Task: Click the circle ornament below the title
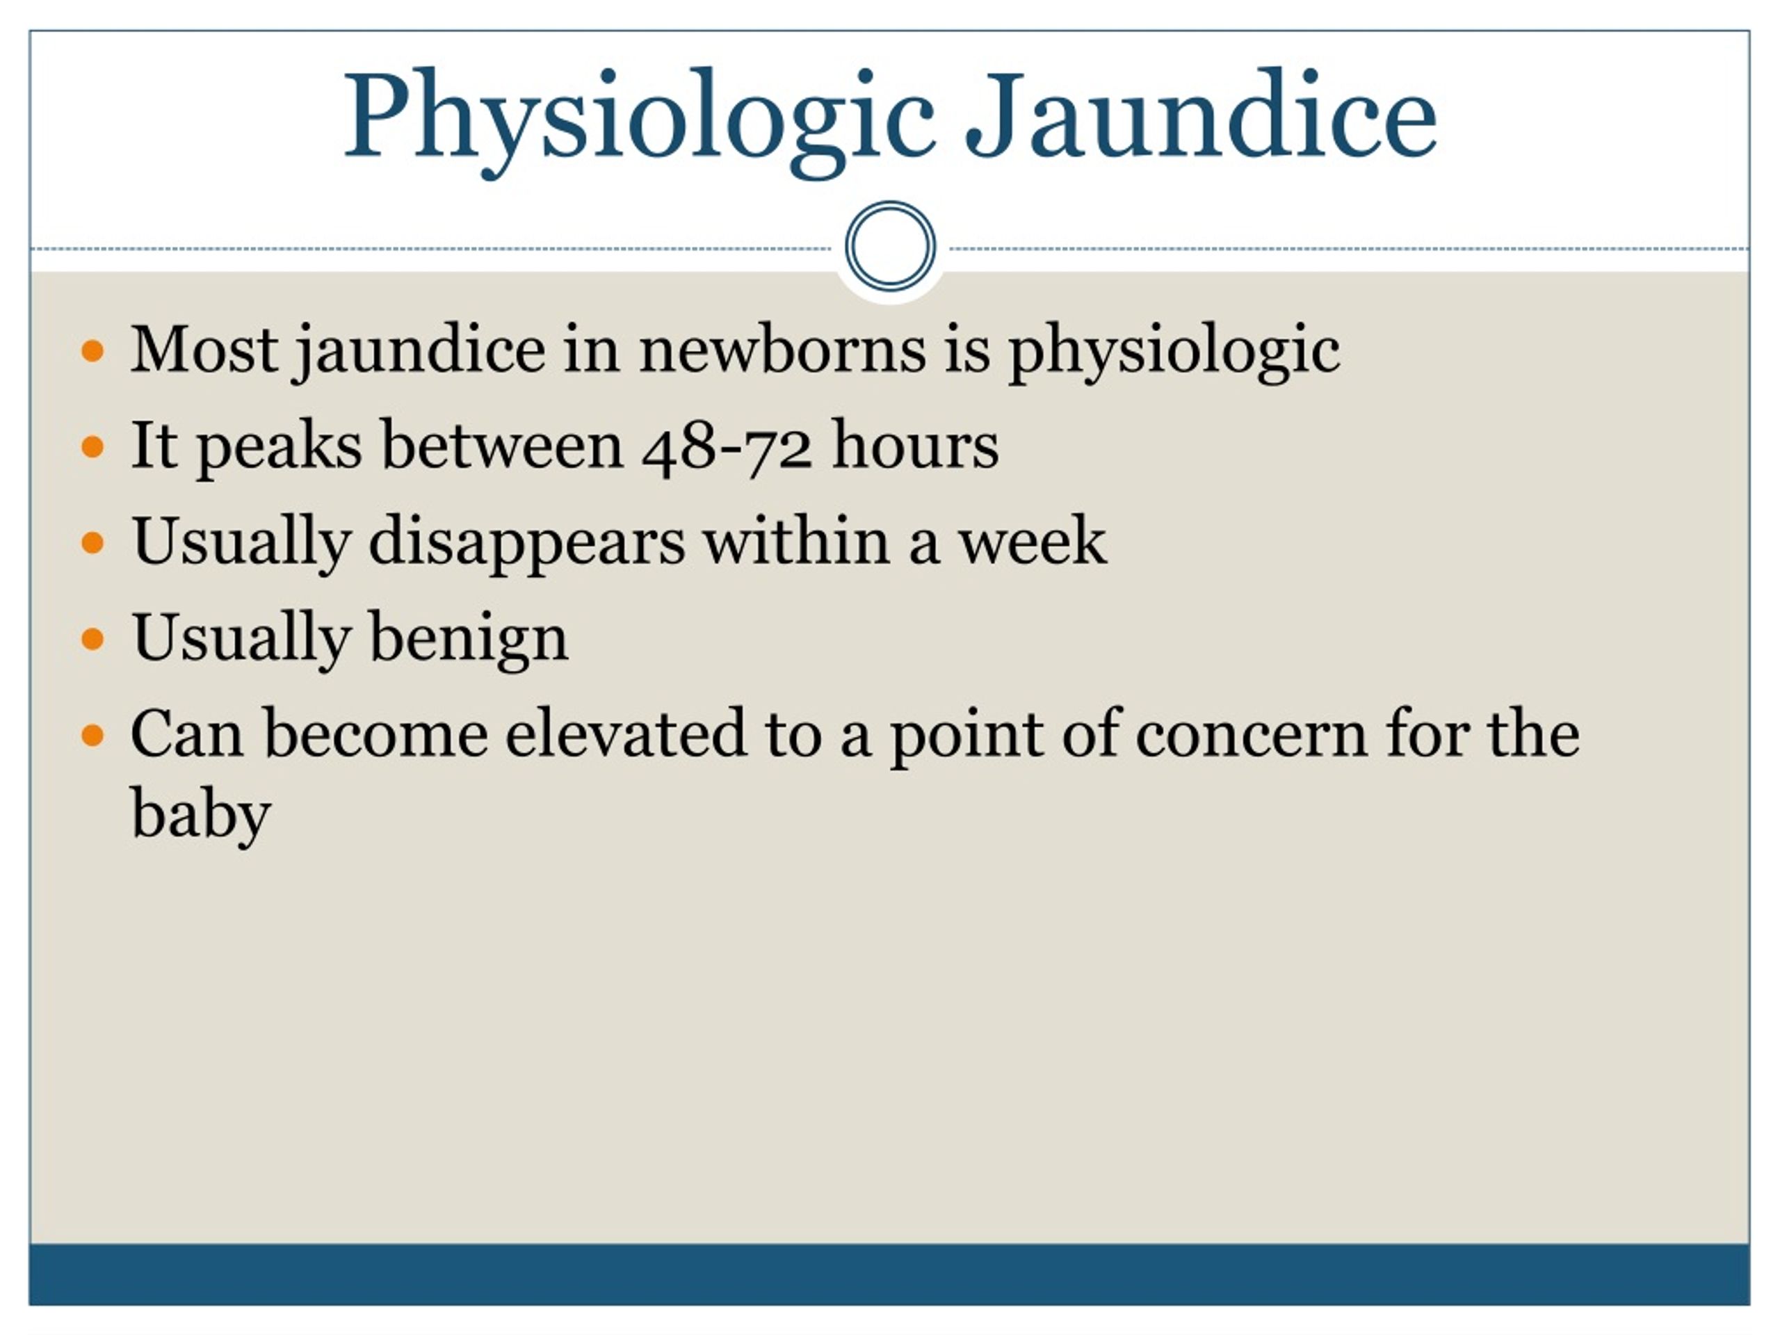click(x=890, y=245)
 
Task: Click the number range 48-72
click(x=727, y=446)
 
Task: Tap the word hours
click(x=916, y=444)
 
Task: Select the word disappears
click(x=526, y=543)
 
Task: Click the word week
click(x=1032, y=540)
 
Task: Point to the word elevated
click(x=625, y=733)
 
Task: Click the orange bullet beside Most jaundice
click(x=93, y=351)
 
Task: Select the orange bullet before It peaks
click(x=93, y=446)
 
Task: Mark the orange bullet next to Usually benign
click(x=93, y=639)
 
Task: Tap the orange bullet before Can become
click(x=93, y=736)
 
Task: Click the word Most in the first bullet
click(x=204, y=349)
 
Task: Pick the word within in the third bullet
click(x=797, y=540)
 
